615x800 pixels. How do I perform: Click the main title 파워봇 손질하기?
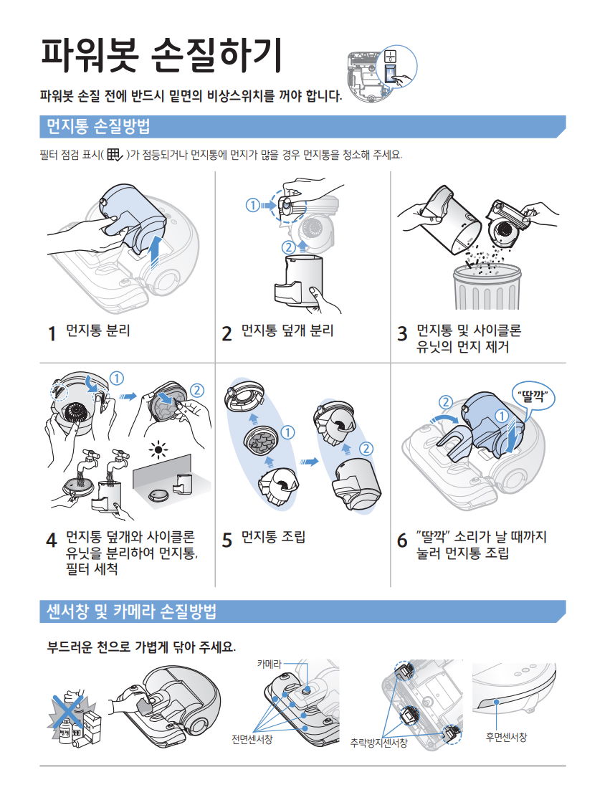pyautogui.click(x=161, y=55)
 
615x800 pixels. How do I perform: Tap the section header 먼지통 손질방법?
pyautogui.click(x=98, y=127)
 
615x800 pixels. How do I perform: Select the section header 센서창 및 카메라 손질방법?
pyautogui.click(x=132, y=611)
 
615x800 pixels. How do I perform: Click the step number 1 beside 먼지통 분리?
pyautogui.click(x=52, y=333)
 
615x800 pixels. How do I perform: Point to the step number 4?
pyautogui.click(x=52, y=540)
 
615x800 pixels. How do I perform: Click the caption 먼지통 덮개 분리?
pyautogui.click(x=287, y=330)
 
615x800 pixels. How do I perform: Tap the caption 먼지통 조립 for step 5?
pyautogui.click(x=273, y=537)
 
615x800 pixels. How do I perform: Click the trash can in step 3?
pyautogui.click(x=487, y=286)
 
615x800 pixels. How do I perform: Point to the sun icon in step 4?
pyautogui.click(x=158, y=449)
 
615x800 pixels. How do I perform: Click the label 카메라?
pyautogui.click(x=269, y=664)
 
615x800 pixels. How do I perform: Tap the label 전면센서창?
pyautogui.click(x=252, y=739)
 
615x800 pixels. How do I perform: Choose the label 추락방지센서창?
pyautogui.click(x=379, y=743)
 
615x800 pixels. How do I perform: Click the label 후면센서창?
pyautogui.click(x=506, y=737)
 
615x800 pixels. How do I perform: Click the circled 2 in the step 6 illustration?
pyautogui.click(x=446, y=401)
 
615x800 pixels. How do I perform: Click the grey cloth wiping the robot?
pyautogui.click(x=146, y=705)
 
